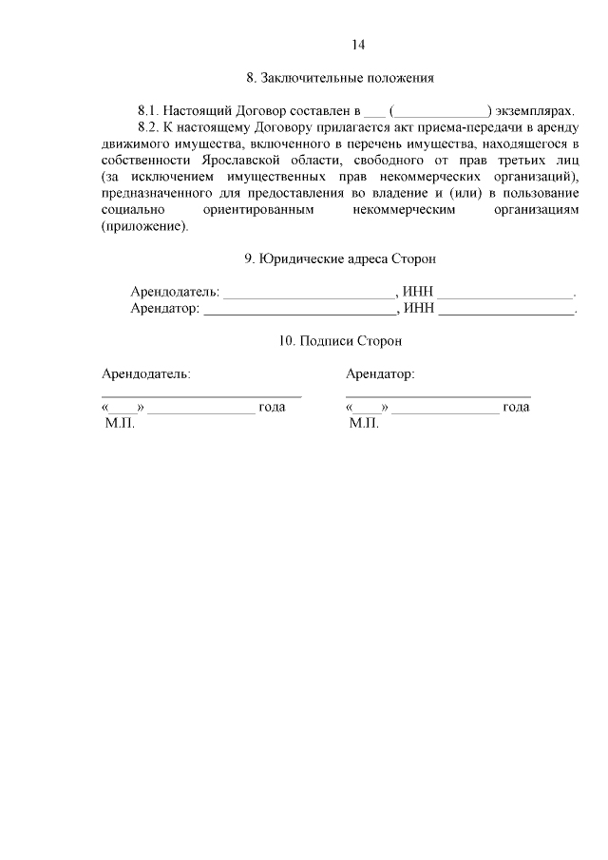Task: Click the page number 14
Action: point(358,45)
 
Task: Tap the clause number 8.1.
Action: point(151,110)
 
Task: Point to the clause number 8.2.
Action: point(151,127)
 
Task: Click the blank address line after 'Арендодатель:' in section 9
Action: point(308,292)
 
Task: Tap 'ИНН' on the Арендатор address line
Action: point(418,308)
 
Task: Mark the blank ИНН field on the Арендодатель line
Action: point(505,292)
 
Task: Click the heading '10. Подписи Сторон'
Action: point(340,340)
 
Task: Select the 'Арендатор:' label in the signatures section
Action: point(380,373)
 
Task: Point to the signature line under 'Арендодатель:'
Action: point(201,393)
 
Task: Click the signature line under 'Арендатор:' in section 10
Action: point(438,393)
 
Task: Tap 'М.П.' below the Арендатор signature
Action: point(364,424)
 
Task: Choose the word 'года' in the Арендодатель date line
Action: point(273,407)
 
